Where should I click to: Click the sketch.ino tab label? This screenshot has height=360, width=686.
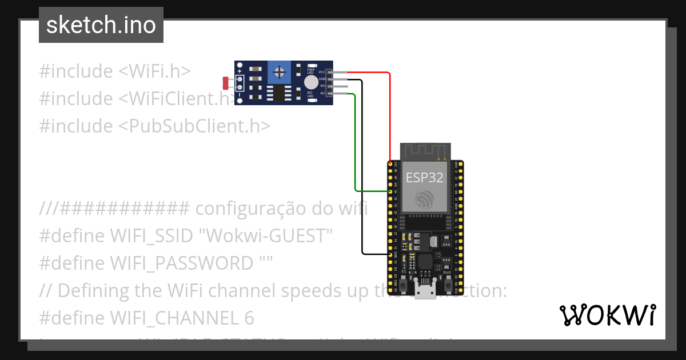click(101, 25)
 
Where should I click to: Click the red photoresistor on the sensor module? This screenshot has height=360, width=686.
click(226, 83)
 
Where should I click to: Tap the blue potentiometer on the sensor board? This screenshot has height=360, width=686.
click(280, 72)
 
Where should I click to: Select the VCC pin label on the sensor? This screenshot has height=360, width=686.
click(322, 73)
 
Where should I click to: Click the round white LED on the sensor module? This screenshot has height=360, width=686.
click(311, 82)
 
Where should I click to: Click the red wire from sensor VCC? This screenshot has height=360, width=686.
click(390, 114)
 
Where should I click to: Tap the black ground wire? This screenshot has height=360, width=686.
click(362, 171)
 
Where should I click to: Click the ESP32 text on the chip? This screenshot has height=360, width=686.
click(424, 177)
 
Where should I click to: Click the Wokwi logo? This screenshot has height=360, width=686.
click(607, 315)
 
